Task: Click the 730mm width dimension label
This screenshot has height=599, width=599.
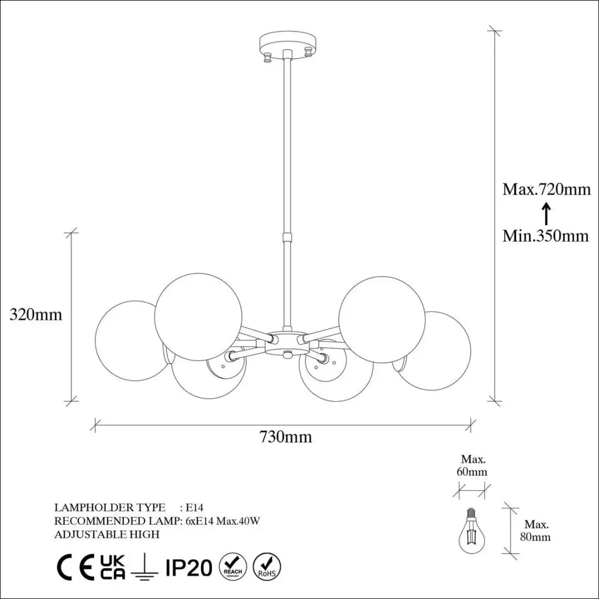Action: pos(286,436)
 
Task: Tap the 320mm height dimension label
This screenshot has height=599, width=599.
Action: pos(35,314)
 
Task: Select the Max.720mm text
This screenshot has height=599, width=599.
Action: pos(546,189)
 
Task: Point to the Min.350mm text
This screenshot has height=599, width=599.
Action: pos(546,236)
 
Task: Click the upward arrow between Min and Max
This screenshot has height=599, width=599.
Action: pos(546,213)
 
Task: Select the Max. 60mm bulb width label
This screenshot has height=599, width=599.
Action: pos(472,465)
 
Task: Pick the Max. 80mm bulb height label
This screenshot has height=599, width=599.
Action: pos(536,531)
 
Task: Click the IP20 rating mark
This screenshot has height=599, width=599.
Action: pos(189,568)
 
